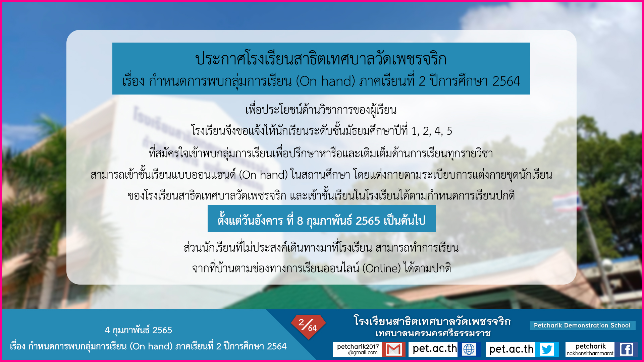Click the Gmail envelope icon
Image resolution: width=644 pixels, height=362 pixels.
click(394, 349)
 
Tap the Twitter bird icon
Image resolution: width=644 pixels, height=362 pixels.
click(547, 349)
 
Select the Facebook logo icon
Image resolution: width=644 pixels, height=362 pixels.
click(627, 349)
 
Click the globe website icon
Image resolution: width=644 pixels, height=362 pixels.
click(469, 349)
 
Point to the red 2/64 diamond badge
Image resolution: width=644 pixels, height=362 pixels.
click(308, 326)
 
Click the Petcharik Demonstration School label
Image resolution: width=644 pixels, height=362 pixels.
click(582, 325)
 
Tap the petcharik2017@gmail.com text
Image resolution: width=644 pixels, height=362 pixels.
click(358, 349)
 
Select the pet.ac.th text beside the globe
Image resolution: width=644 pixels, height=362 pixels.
click(435, 349)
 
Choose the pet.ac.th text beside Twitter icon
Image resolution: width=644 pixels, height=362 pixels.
click(511, 349)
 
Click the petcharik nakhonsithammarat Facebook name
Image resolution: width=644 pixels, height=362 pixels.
click(590, 349)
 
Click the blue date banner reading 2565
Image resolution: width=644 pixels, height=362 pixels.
click(322, 219)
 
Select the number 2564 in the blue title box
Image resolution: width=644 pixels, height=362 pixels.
click(506, 81)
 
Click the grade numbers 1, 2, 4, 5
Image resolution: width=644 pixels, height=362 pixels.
click(432, 131)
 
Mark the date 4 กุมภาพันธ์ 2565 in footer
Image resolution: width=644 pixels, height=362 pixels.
click(139, 330)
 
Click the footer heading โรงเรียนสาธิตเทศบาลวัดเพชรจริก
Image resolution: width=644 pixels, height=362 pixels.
click(432, 321)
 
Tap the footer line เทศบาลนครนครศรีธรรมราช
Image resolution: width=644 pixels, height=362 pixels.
click(433, 333)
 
